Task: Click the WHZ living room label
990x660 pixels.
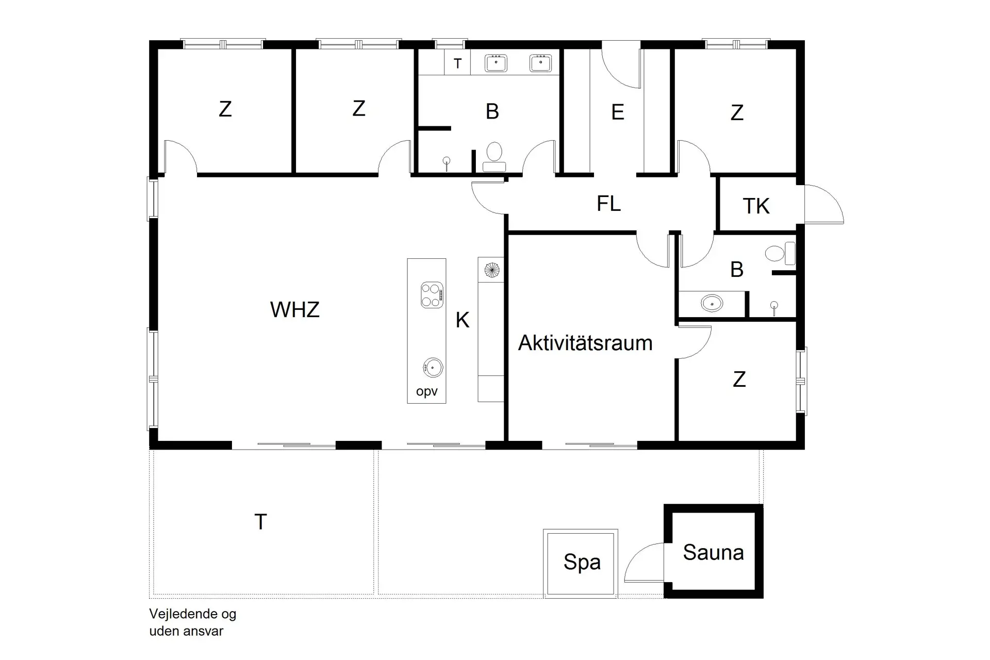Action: (x=295, y=310)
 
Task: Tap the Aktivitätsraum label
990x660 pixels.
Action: (x=585, y=343)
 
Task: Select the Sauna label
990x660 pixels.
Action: (x=713, y=553)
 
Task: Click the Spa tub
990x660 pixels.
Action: (x=581, y=563)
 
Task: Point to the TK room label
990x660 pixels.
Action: (x=756, y=206)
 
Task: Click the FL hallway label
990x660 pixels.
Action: (x=608, y=204)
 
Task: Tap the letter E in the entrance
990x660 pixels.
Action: (x=617, y=112)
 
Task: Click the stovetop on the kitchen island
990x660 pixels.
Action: (x=432, y=295)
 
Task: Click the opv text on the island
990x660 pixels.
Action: (x=426, y=392)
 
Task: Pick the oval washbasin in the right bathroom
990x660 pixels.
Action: (x=712, y=303)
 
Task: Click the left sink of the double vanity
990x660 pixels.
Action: (x=496, y=63)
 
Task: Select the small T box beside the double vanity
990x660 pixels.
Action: (x=457, y=63)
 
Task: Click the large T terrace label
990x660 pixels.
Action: (x=260, y=522)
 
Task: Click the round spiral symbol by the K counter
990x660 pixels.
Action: (x=491, y=270)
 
